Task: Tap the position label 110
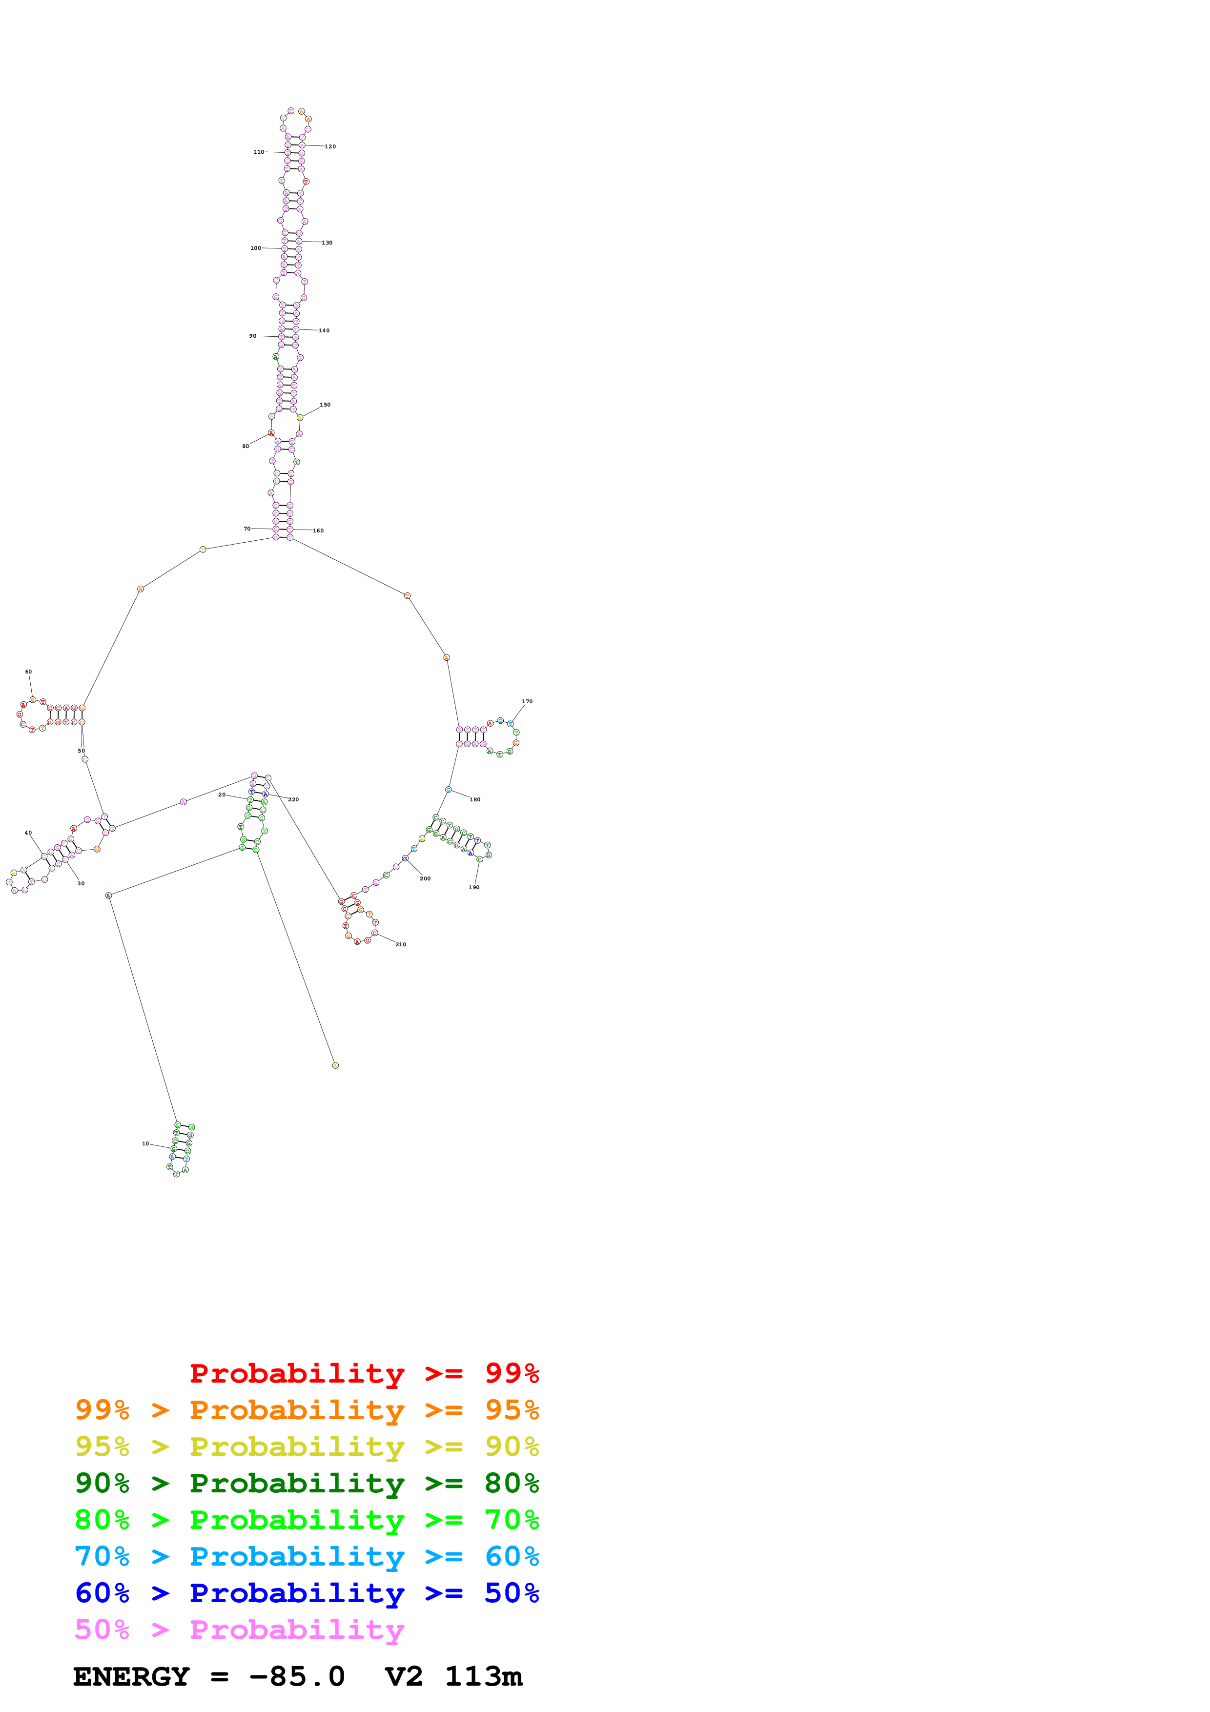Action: tap(258, 152)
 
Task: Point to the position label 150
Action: tap(325, 405)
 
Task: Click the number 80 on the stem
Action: tap(246, 447)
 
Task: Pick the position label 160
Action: tap(318, 531)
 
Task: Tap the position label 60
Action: tap(28, 672)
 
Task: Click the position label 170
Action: tap(527, 702)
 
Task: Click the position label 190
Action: tap(473, 887)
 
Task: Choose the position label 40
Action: tap(28, 833)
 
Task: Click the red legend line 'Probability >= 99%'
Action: tap(364, 1373)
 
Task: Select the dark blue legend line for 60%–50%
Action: tap(307, 1593)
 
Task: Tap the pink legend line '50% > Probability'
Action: tap(239, 1630)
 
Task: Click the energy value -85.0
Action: tap(297, 1677)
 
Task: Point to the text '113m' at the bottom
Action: tap(483, 1677)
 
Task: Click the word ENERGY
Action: tap(131, 1677)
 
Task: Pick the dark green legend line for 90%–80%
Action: tap(307, 1484)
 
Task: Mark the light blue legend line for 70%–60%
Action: tap(307, 1557)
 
